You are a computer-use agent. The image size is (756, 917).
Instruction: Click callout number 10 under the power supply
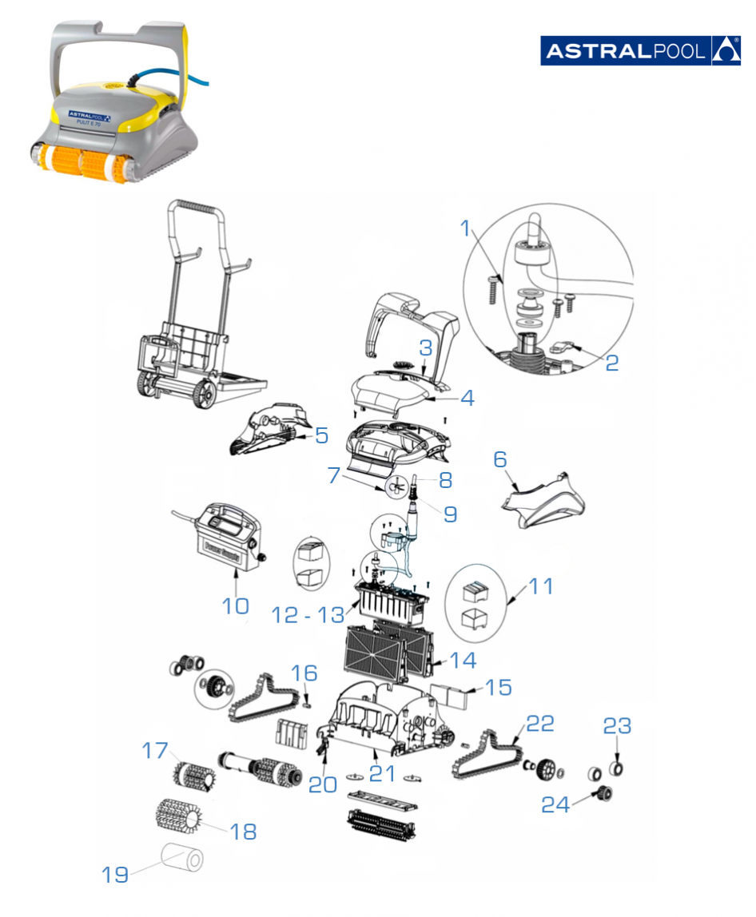pos(236,606)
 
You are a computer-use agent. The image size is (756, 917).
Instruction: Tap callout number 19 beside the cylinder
pos(115,875)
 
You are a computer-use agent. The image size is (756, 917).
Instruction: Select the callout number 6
pos(500,459)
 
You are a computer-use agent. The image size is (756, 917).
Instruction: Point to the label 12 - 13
pos(307,614)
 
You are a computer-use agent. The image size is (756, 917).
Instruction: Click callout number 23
pos(617,727)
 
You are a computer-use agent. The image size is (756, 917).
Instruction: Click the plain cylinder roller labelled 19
pos(182,859)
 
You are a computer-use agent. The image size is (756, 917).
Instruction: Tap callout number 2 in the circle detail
pos(611,362)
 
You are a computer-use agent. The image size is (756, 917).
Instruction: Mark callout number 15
pos(499,687)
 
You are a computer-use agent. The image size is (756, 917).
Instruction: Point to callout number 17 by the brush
pos(156,750)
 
